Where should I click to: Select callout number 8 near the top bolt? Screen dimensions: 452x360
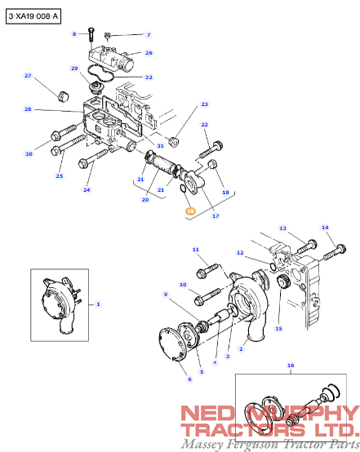point(74,34)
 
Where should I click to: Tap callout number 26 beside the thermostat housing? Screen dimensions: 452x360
point(149,53)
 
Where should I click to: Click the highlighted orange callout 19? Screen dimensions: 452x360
point(190,210)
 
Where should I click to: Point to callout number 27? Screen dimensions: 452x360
point(28,76)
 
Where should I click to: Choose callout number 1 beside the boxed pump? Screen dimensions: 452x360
point(99,304)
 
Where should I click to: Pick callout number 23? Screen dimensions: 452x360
point(205,104)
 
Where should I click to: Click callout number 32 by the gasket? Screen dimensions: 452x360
point(149,78)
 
